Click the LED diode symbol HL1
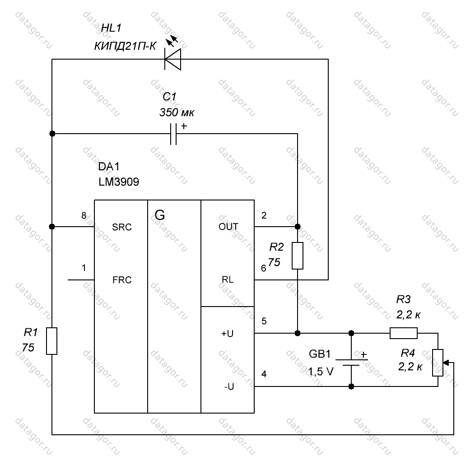(x=172, y=60)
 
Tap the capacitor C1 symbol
(x=173, y=134)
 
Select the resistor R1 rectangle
(x=52, y=341)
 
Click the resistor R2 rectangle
(x=298, y=256)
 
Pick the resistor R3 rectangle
(x=404, y=333)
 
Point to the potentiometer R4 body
(x=438, y=363)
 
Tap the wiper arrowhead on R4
(x=447, y=363)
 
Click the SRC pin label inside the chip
(x=122, y=227)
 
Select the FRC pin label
(x=122, y=279)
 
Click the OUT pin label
(x=228, y=227)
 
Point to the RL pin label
(x=228, y=279)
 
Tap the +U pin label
(x=227, y=334)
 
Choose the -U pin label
(x=229, y=386)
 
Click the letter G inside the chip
(x=160, y=215)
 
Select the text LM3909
(x=119, y=182)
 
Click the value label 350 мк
(x=177, y=112)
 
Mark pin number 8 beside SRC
(x=84, y=215)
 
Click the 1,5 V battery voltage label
(x=321, y=372)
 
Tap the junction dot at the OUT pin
(x=298, y=227)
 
